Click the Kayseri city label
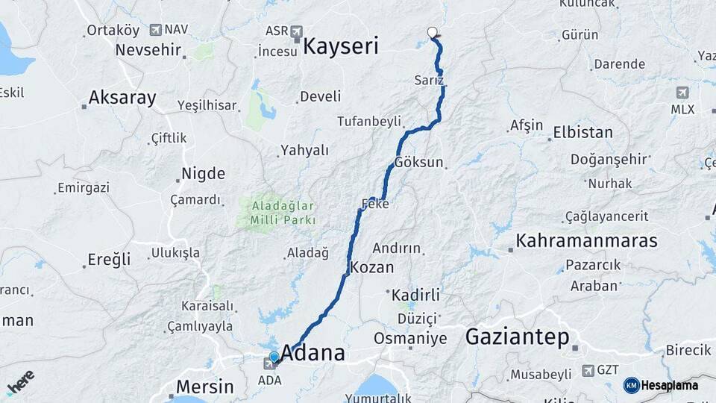(x=342, y=46)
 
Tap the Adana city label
(x=313, y=354)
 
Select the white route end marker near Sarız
(x=432, y=32)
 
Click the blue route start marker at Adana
(x=274, y=357)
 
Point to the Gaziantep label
(x=517, y=337)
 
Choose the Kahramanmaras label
(x=586, y=240)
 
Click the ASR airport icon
(x=298, y=31)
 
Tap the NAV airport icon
(x=155, y=30)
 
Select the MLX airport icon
(x=682, y=93)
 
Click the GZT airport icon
(x=588, y=369)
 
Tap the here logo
(x=20, y=381)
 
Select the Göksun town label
(x=419, y=162)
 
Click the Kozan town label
(x=371, y=267)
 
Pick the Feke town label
(x=375, y=204)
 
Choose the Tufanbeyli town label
(x=369, y=121)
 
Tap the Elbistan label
(x=582, y=133)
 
